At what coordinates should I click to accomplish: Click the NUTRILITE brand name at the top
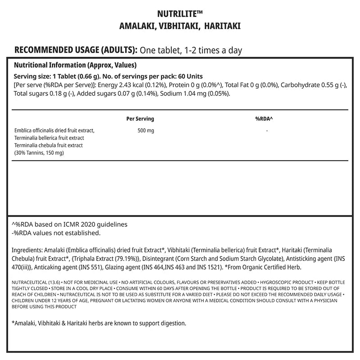180,14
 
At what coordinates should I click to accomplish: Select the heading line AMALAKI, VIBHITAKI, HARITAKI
180,26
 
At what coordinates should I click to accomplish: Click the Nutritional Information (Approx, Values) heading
76,65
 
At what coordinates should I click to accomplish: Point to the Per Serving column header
140,119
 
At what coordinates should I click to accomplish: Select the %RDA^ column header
264,119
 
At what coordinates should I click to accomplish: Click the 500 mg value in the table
145,130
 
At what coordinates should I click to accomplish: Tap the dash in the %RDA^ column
267,130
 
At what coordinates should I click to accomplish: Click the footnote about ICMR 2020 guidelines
69,224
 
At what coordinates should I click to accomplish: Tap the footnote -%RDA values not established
55,233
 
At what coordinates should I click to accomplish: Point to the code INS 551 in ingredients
94,266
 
